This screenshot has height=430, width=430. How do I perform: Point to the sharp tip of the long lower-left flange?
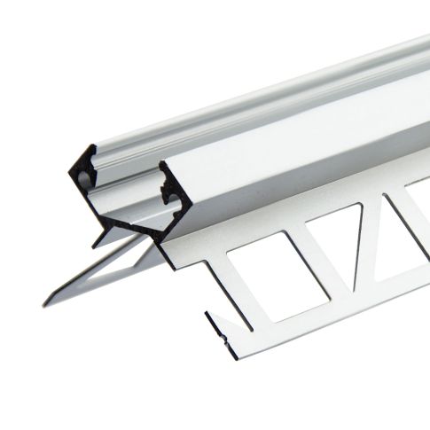[x=44, y=305]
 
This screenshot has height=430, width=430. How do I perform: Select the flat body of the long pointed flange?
[x=106, y=270]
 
